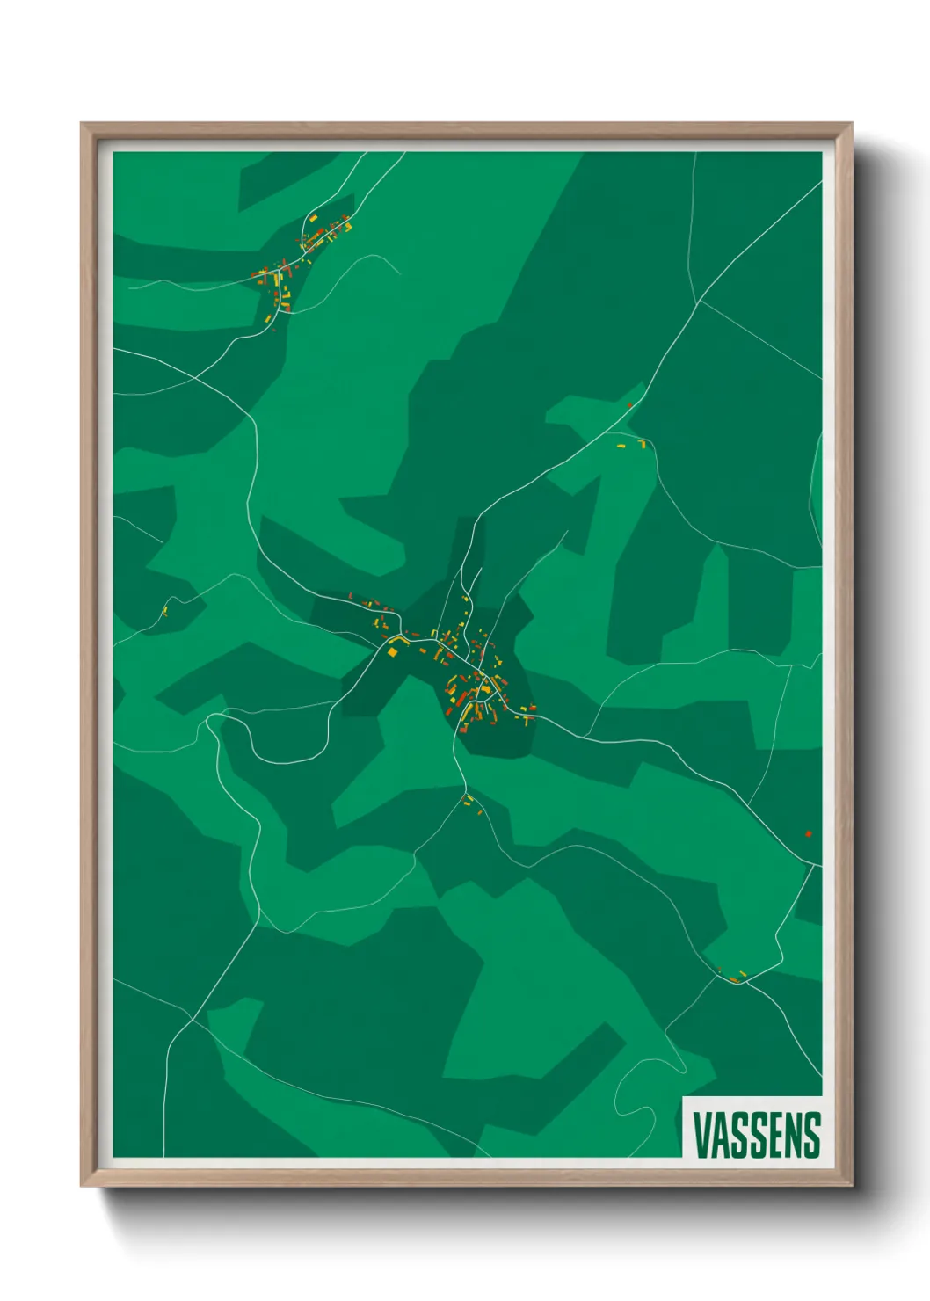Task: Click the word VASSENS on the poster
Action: coord(756,1135)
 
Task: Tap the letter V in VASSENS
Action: coord(701,1135)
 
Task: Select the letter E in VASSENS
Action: coord(774,1135)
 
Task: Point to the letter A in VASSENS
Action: coord(720,1135)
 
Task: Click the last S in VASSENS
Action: coord(811,1135)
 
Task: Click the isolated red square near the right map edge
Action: coord(808,833)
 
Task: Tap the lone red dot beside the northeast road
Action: coord(629,405)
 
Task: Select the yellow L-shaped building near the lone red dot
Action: coord(641,443)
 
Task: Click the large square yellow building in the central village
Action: coord(393,651)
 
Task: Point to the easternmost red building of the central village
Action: coord(532,708)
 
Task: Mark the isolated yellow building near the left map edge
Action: coord(164,611)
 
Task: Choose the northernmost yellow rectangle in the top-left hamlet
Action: coord(313,217)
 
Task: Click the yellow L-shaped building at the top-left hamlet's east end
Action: coord(348,226)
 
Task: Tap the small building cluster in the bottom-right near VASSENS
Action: coord(733,976)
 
